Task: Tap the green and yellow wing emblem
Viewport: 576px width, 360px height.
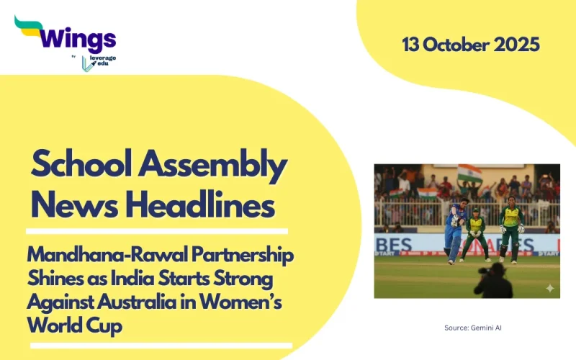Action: coord(27,27)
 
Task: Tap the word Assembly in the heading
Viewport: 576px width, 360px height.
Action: coord(217,166)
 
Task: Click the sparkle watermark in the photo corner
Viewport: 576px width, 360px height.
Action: coord(549,288)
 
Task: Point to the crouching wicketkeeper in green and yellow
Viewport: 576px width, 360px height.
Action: coord(474,234)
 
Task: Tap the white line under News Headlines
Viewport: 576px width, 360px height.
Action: coord(157,231)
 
